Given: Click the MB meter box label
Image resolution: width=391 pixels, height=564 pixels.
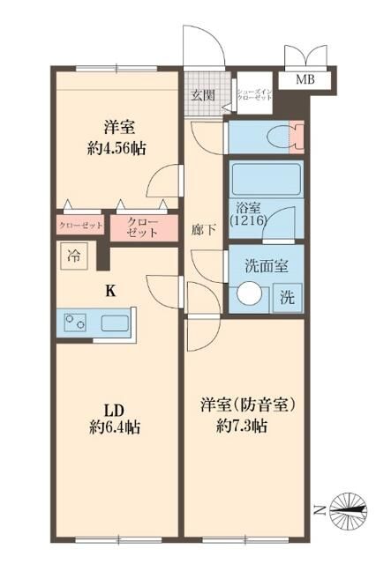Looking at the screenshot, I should [305, 79].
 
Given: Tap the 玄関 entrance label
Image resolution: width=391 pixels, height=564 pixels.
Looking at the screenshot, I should [202, 95].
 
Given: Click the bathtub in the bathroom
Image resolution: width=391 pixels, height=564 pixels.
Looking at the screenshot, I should [265, 180].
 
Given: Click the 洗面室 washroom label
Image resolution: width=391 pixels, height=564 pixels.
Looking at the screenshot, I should [266, 263].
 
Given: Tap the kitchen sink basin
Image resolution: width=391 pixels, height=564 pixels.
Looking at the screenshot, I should [115, 323].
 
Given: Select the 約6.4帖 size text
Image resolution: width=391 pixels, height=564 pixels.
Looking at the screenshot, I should [115, 428].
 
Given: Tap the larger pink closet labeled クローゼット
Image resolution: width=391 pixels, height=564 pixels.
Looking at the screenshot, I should [141, 226].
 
